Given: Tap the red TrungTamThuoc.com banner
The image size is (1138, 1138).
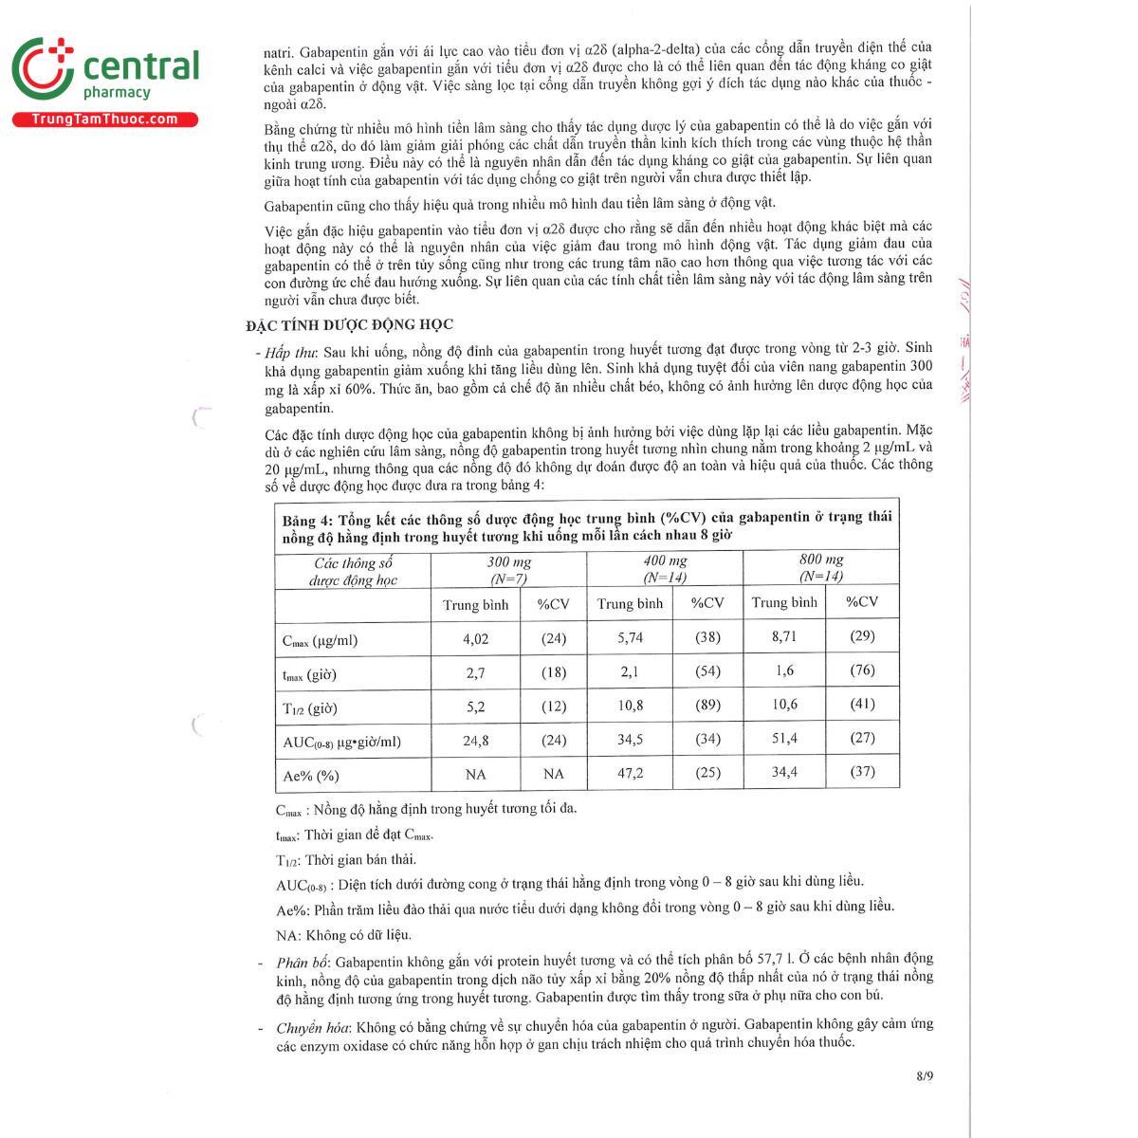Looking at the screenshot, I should pyautogui.click(x=104, y=119).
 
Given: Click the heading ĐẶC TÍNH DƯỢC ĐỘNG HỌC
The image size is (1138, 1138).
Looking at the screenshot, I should pyautogui.click(x=349, y=324).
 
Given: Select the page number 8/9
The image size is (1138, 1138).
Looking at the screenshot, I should pyautogui.click(x=925, y=1075).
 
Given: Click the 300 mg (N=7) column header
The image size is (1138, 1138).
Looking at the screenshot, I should pyautogui.click(x=508, y=569).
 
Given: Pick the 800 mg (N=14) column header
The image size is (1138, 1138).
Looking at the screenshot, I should pyautogui.click(x=821, y=567).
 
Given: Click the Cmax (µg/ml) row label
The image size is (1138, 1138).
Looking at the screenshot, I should pyautogui.click(x=320, y=640).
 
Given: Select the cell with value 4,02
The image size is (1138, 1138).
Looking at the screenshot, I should pyautogui.click(x=475, y=639).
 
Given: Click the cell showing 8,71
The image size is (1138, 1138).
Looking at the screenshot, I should pyautogui.click(x=784, y=635).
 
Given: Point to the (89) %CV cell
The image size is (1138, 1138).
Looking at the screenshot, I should pyautogui.click(x=707, y=705).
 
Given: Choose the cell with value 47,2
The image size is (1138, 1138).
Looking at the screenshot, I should pyautogui.click(x=630, y=773).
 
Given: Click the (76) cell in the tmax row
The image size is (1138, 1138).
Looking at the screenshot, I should pyautogui.click(x=862, y=670).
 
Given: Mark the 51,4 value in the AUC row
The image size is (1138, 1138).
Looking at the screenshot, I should pyautogui.click(x=784, y=738).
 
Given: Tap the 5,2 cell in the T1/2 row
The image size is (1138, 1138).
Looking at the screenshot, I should pyautogui.click(x=475, y=707).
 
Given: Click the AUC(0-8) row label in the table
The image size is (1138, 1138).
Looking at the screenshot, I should pyautogui.click(x=341, y=742).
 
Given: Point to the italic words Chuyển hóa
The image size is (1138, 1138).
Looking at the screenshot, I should pyautogui.click(x=313, y=1027).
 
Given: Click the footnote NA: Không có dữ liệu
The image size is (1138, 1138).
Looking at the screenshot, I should pyautogui.click(x=343, y=935).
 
